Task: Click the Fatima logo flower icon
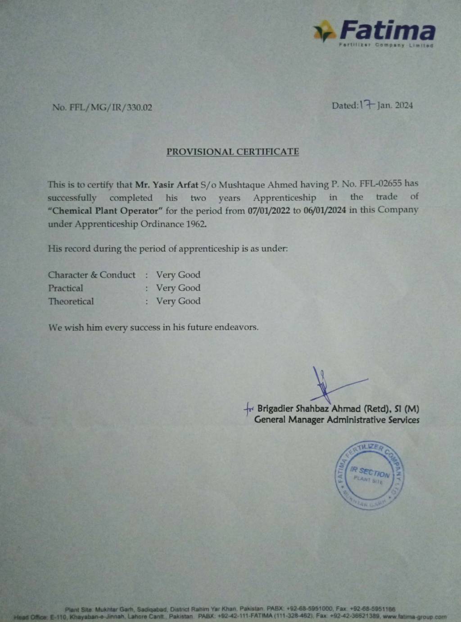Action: [x=324, y=31]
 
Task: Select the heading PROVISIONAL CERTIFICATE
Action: [x=232, y=152]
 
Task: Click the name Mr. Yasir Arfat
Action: [x=167, y=184]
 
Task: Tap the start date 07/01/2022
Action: [x=269, y=210]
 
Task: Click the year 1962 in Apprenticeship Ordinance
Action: [x=196, y=224]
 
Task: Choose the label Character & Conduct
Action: [x=92, y=275]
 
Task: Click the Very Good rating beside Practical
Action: [x=178, y=288]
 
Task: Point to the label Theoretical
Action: [x=71, y=301]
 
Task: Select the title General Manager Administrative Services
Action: [x=337, y=420]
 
